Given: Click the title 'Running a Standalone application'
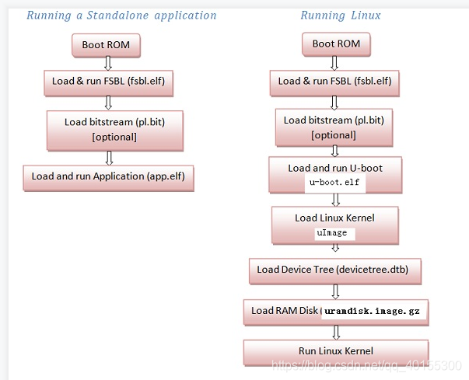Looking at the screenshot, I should point(121,16).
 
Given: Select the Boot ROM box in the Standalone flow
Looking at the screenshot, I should point(106,45).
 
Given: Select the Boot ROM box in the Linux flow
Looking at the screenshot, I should point(336,44).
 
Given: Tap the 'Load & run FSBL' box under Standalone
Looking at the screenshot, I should point(106,81).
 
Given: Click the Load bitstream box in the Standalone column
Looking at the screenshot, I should point(114,129).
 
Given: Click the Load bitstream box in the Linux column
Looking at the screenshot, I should point(334,127).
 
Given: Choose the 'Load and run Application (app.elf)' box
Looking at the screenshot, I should point(108,176).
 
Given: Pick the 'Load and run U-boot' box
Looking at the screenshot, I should point(335,175).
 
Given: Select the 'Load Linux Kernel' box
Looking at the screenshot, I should point(335,225).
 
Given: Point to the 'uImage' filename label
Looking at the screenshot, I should point(334,233).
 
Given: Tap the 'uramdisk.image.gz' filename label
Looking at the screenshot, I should point(372,311).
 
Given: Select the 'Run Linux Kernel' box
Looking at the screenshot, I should point(336,352).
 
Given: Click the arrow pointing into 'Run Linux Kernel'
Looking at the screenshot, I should point(336,332).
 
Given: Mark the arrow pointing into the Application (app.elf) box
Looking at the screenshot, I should point(110,158).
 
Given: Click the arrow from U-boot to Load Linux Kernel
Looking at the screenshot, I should point(336,200).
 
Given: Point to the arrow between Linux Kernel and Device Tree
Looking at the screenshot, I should point(336,249).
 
